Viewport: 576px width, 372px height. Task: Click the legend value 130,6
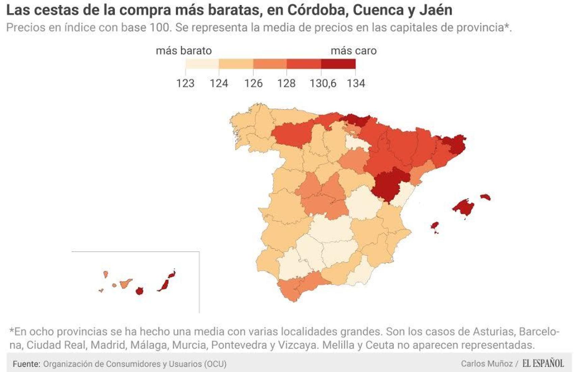tap(323, 83)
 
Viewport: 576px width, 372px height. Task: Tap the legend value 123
tap(185, 83)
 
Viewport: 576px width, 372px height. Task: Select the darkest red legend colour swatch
tap(338, 64)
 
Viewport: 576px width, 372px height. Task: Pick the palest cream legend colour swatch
tap(202, 64)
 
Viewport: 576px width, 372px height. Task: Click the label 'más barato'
tap(184, 51)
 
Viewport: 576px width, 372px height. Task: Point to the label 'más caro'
tap(354, 51)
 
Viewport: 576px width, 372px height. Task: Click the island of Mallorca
tap(463, 207)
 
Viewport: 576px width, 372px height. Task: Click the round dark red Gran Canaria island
tap(139, 291)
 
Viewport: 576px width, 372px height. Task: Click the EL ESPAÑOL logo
tap(543, 364)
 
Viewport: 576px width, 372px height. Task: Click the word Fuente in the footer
tap(26, 364)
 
